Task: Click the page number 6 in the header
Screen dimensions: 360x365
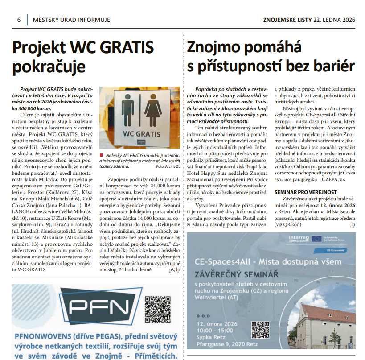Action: click(19, 20)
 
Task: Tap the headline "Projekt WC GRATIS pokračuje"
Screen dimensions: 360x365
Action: click(83, 57)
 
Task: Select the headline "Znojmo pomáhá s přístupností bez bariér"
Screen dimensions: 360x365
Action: click(271, 57)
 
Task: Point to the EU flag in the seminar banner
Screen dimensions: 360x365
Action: click(318, 239)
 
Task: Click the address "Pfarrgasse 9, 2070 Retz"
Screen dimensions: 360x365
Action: click(222, 343)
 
